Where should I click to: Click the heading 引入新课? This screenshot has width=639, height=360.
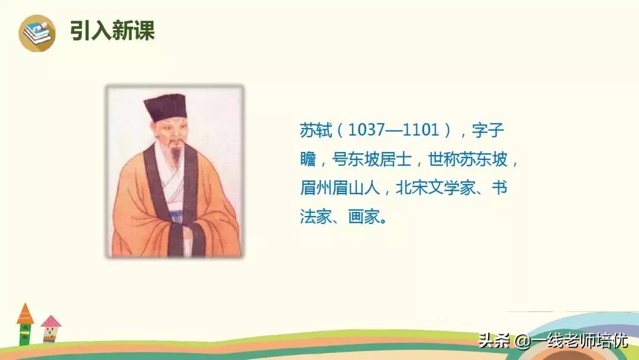point(112,31)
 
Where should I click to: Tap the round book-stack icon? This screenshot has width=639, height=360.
point(37,33)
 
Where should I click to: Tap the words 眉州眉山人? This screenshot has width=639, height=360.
point(340,188)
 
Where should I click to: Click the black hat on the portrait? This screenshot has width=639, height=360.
point(166,107)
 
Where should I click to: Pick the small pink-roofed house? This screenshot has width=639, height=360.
point(50,329)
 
